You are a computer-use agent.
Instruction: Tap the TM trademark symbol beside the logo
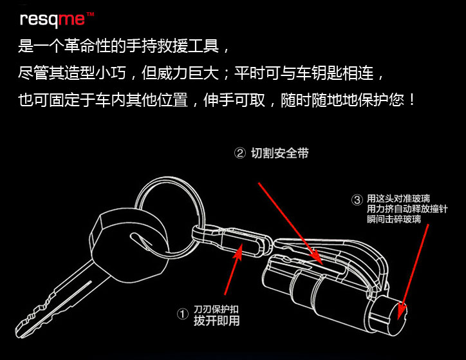pyautogui.click(x=90, y=14)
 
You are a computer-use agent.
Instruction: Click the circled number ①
pyautogui.click(x=183, y=314)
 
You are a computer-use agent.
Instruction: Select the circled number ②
pyautogui.click(x=240, y=153)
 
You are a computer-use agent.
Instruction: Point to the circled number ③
pyautogui.click(x=357, y=200)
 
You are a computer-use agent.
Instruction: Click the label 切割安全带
pyautogui.click(x=279, y=153)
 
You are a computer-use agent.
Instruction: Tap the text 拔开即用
pyautogui.click(x=216, y=321)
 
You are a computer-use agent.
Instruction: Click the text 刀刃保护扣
pyautogui.click(x=216, y=309)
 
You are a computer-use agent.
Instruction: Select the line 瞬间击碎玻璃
pyautogui.click(x=394, y=219)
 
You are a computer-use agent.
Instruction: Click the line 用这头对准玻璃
pyautogui.click(x=398, y=198)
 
